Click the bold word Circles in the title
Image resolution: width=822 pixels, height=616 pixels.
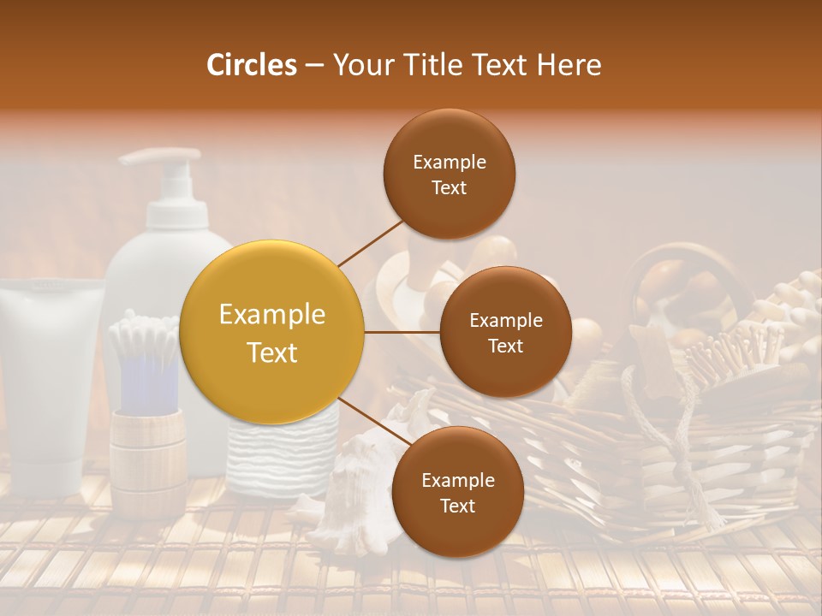(252, 65)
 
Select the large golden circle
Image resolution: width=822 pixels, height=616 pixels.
(272, 332)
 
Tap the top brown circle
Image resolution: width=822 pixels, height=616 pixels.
(449, 175)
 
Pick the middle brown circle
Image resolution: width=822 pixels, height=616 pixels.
(505, 332)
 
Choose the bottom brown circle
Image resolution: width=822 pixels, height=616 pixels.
(457, 492)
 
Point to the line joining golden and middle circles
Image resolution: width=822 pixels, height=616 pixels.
(402, 332)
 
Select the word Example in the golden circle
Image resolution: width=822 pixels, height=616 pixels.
(272, 315)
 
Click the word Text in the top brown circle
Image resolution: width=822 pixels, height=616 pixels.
(449, 188)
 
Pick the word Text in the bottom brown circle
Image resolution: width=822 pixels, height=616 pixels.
(457, 506)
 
